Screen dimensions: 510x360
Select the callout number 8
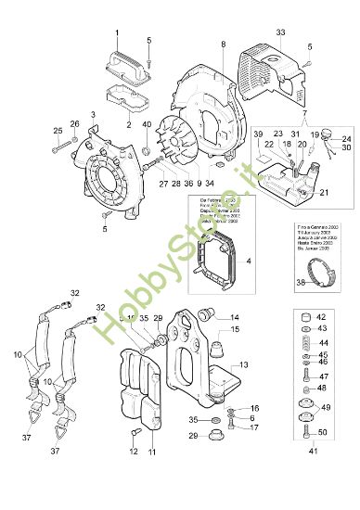point(224,45)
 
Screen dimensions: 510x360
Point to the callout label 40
point(146,124)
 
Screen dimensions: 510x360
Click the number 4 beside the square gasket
point(248,262)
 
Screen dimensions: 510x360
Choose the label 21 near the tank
point(323,193)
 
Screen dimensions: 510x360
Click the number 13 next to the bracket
point(245,366)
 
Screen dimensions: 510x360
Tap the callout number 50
point(323,433)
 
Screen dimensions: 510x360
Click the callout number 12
point(134,453)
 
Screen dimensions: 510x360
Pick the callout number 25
point(58,130)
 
